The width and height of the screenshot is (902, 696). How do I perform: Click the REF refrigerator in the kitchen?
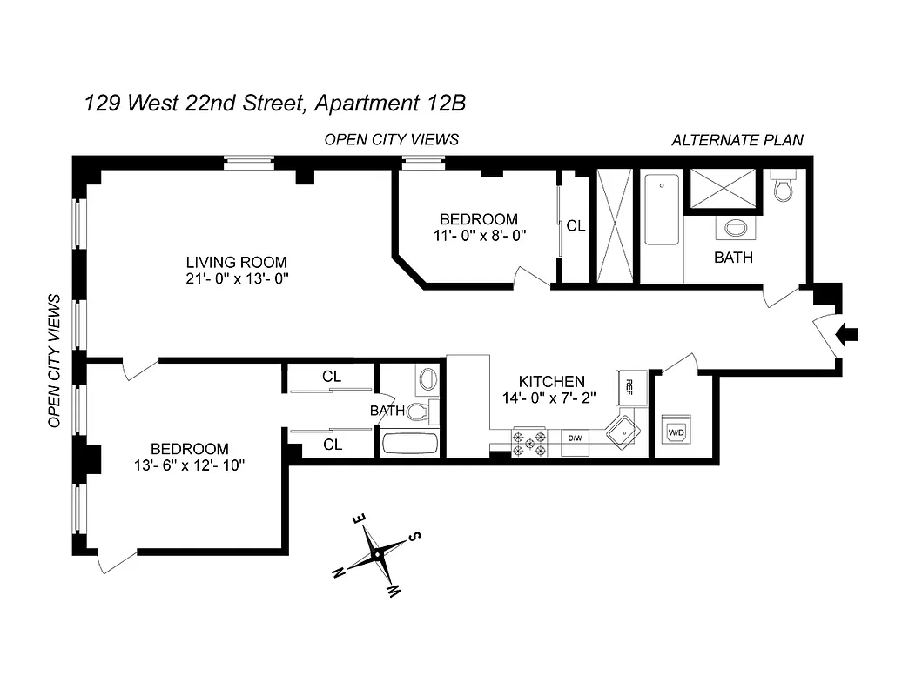[x=631, y=389]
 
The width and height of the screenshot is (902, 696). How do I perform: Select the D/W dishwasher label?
[x=576, y=438]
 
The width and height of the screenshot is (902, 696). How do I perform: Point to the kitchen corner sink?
[x=624, y=432]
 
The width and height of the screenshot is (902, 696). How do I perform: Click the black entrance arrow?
[x=846, y=333]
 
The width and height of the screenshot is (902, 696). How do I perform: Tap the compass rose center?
[x=377, y=553]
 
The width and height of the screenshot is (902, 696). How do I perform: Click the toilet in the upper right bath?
[x=781, y=189]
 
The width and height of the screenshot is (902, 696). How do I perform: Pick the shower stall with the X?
[x=724, y=189]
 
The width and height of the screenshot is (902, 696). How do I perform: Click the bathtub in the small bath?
[x=411, y=444]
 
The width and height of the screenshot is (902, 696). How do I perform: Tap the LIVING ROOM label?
[x=236, y=262]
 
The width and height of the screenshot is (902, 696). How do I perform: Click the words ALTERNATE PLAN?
[x=737, y=140]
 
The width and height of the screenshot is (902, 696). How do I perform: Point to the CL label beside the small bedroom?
[x=576, y=225]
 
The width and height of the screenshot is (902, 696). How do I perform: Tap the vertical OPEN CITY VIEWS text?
[x=54, y=360]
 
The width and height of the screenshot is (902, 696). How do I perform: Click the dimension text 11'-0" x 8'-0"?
[x=478, y=235]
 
